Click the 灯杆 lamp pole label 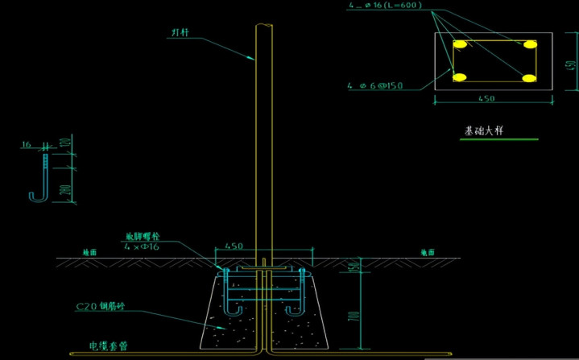[179, 33]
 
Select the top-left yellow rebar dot [461, 44]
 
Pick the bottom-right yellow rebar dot [528, 77]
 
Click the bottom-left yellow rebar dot [461, 77]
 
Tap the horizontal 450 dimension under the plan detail [486, 99]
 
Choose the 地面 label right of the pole [428, 252]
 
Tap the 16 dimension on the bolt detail [26, 145]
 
